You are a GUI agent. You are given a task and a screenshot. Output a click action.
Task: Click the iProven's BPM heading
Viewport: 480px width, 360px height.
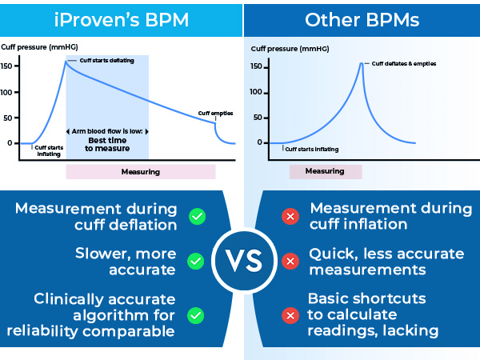coord(120,18)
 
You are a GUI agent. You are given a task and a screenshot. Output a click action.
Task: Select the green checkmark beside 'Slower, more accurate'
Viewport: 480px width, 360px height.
coord(194,262)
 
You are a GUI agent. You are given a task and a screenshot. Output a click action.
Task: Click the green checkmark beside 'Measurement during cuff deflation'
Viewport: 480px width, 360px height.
coord(194,216)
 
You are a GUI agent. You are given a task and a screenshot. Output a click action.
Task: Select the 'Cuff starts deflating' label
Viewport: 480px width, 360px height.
coord(106,60)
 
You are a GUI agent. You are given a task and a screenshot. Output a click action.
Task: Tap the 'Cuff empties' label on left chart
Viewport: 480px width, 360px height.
coord(215,114)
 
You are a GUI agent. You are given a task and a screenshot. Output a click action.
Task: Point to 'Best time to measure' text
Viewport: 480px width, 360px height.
coord(106,144)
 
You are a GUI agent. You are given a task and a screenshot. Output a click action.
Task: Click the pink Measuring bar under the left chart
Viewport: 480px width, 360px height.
coord(140,171)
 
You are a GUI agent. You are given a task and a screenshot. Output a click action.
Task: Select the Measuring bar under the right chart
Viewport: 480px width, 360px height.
coord(325,171)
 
